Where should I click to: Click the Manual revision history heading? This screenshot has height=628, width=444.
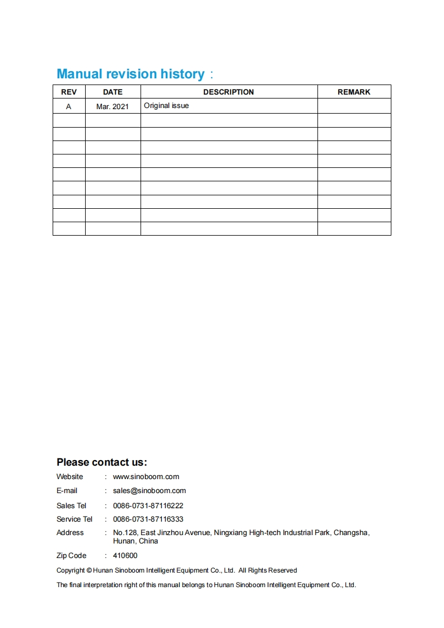point(130,74)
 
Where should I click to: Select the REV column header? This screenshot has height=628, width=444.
point(69,92)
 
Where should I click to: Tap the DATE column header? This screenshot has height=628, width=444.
point(113,92)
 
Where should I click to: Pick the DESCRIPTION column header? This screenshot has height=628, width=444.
point(228,92)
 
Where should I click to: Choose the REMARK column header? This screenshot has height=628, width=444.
point(354,92)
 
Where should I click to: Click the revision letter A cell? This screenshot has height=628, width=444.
point(69,106)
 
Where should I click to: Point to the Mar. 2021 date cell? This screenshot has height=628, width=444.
point(113,106)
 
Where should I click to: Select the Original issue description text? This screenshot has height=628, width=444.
point(166,106)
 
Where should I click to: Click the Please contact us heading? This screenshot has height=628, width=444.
point(102,462)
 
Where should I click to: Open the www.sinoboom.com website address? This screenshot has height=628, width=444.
point(146,477)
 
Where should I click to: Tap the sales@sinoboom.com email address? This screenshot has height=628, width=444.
point(149,491)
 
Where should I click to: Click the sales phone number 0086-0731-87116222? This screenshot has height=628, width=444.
point(148,505)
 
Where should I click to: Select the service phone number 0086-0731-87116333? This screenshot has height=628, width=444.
point(148,519)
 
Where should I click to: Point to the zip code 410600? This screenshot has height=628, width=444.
point(125,556)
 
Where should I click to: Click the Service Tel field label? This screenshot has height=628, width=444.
point(74,519)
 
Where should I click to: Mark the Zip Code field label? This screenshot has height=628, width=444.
point(71,556)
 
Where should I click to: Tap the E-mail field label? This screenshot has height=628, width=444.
point(67,491)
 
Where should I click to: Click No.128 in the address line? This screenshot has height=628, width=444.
point(125,533)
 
